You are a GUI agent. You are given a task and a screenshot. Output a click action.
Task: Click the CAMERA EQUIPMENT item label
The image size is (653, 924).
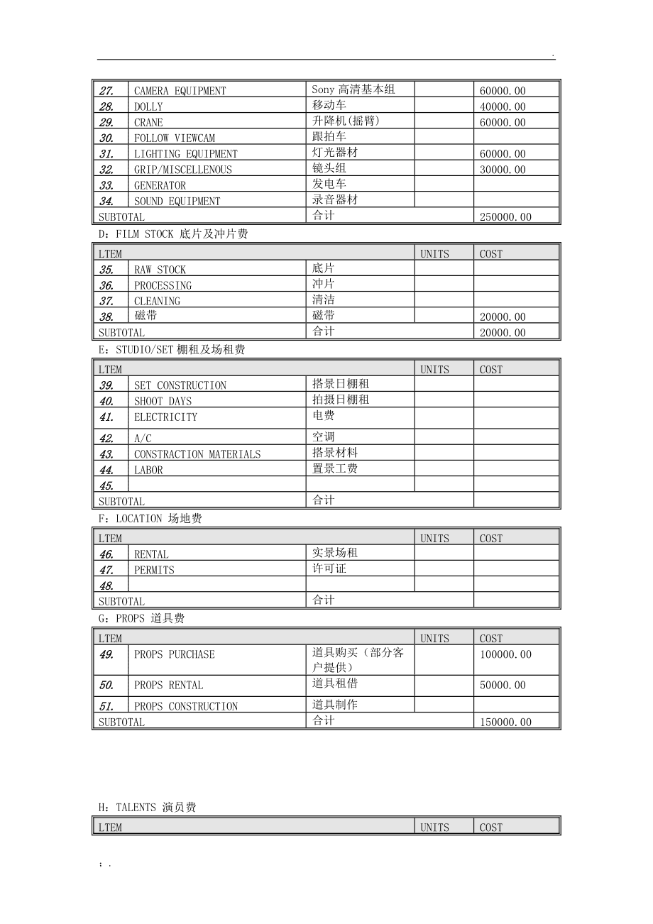click(180, 91)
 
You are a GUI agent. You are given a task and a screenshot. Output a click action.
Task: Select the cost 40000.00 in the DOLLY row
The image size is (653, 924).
click(503, 106)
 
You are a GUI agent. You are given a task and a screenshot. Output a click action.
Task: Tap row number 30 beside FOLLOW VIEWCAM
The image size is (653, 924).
click(106, 138)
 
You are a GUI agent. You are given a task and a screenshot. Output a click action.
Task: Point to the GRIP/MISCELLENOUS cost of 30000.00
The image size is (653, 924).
click(503, 170)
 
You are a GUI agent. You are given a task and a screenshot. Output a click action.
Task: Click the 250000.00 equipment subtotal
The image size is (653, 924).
click(505, 217)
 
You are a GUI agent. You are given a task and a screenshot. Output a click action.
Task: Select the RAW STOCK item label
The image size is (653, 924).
click(160, 270)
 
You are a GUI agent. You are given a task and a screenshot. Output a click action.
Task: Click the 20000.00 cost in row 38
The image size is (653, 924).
click(503, 317)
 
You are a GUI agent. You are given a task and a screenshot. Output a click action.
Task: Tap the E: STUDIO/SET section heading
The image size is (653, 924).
click(171, 350)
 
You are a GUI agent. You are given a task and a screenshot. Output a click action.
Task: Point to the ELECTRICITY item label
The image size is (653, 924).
click(165, 417)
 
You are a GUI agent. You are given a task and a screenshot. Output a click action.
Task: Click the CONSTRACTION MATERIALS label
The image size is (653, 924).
click(197, 454)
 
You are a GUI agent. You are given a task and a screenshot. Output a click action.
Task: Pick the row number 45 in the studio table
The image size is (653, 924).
click(106, 485)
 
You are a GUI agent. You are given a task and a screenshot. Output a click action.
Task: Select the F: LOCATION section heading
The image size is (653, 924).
click(150, 519)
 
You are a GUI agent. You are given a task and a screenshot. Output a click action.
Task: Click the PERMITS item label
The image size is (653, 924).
click(154, 570)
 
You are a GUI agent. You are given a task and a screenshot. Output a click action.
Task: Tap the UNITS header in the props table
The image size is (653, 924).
click(434, 639)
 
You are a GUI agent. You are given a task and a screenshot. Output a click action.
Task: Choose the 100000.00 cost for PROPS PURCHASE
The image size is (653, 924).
click(505, 654)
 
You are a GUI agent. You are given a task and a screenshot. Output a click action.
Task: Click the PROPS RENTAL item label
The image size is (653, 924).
click(168, 686)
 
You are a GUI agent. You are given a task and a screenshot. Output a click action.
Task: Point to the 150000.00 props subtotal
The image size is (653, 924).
click(505, 722)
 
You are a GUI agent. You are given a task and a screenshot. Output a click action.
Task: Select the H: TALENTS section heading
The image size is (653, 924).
click(147, 808)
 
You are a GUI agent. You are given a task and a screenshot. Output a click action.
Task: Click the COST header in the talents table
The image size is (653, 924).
click(490, 827)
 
